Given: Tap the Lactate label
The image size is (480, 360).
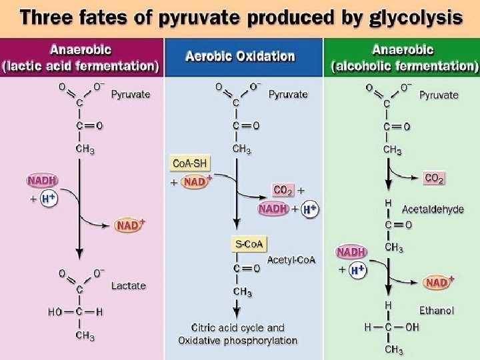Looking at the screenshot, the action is (x=128, y=285).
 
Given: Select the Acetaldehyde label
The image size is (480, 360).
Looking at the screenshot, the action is (x=433, y=209).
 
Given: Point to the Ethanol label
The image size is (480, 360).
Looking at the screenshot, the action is (x=436, y=310).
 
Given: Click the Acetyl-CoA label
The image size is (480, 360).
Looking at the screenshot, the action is (x=291, y=259).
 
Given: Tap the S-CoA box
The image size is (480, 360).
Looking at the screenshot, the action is (x=247, y=245).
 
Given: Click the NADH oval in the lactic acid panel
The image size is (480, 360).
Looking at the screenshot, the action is (x=42, y=181).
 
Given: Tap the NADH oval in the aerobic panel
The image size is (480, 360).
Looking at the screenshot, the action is (x=273, y=209).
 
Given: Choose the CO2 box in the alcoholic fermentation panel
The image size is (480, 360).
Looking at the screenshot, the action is (x=434, y=179).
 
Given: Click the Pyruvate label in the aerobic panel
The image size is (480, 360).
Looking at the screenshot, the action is (x=288, y=95).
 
